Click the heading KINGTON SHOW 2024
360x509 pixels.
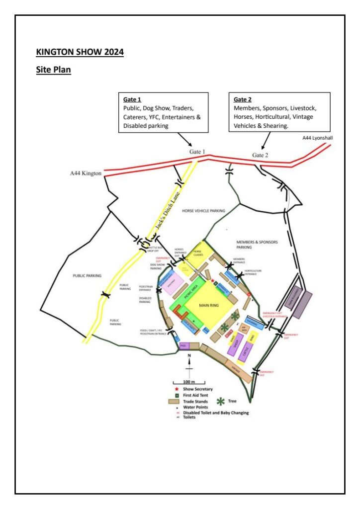pos(80,52)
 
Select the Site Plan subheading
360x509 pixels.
pos(54,70)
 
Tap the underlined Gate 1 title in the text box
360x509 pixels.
pos(132,99)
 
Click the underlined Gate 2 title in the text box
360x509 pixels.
pos(243,99)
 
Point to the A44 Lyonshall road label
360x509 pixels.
pos(316,138)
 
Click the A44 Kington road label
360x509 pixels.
pos(86,173)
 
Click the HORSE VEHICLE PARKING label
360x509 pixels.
pos(203,211)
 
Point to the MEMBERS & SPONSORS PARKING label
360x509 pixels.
pos(257,245)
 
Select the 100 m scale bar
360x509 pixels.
pos(189,383)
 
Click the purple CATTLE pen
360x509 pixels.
pos(245,352)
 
